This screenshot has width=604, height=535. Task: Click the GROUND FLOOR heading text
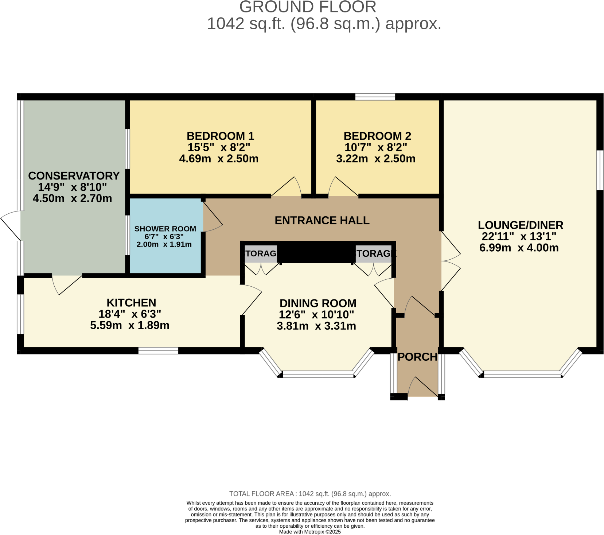pyautogui.click(x=308, y=7)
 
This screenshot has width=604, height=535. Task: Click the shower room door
pyautogui.click(x=212, y=217)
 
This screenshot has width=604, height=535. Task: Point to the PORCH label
pyautogui.click(x=417, y=357)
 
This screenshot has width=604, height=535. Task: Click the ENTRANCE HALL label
pyautogui.click(x=322, y=221)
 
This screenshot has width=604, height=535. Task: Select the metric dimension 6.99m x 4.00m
pyautogui.click(x=519, y=248)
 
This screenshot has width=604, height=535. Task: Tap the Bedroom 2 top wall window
pyautogui.click(x=375, y=97)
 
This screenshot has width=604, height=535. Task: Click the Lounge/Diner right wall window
pyautogui.click(x=600, y=170)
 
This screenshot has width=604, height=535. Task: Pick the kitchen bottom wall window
pyautogui.click(x=158, y=351)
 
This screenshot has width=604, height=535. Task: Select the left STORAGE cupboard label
pyautogui.click(x=261, y=253)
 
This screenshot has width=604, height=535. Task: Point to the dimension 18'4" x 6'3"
pyautogui.click(x=130, y=314)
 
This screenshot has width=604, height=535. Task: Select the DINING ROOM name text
pyautogui.click(x=318, y=303)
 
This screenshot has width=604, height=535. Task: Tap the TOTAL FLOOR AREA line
pyautogui.click(x=310, y=494)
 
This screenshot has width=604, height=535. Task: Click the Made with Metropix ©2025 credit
pyautogui.click(x=310, y=532)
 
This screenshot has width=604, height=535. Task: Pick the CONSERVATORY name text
pyautogui.click(x=74, y=176)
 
